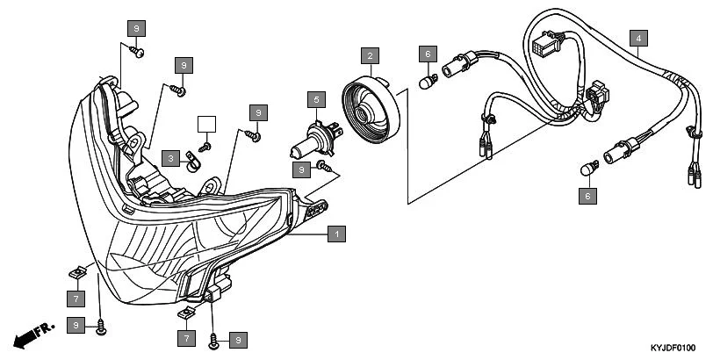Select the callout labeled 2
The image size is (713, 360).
pos(370,56)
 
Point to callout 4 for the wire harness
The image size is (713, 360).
pos(638,38)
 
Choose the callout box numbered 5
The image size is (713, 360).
pos(316,100)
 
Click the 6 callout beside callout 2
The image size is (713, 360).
pos(428,54)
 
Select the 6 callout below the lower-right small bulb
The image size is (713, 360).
pos(587,197)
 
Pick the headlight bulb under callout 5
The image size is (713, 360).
pos(307,140)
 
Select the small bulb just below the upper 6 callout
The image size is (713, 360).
pos(429,83)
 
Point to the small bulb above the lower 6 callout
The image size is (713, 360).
pos(589,168)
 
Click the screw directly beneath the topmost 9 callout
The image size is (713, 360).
pos(137,53)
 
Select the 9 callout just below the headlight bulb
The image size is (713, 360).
pos(303,168)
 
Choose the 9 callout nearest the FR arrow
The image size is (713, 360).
pos(77,326)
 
